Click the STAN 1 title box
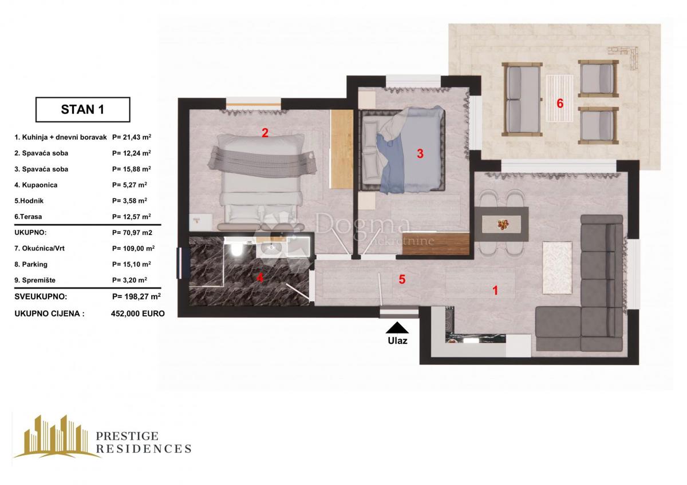[x=83, y=110]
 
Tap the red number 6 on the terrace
[x=560, y=104]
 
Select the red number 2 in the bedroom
[x=265, y=133]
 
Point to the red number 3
[x=420, y=154]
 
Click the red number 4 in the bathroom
[x=260, y=278]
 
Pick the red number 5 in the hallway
[x=402, y=280]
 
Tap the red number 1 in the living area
[x=495, y=291]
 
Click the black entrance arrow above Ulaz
[x=397, y=328]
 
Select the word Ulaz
[x=397, y=341]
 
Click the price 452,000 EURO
[x=138, y=313]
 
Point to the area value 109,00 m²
[x=133, y=248]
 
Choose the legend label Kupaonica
[x=40, y=185]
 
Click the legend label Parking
[x=35, y=264]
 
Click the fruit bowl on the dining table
[x=502, y=224]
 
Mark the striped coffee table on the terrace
[x=560, y=98]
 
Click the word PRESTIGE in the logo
[x=127, y=436]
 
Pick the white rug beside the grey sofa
[x=557, y=268]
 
